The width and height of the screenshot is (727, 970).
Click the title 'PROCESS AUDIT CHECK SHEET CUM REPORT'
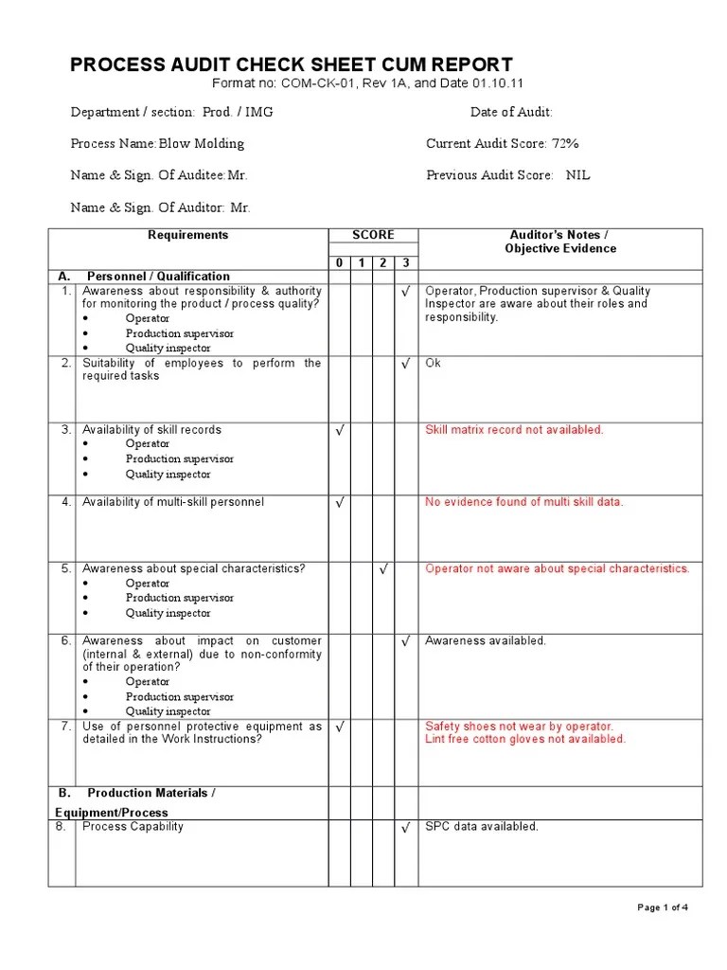292,64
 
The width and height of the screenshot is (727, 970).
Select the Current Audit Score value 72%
565,144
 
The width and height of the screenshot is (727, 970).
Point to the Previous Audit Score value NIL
577,175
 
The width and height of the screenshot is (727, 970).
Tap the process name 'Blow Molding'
201,144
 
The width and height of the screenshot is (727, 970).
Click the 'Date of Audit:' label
511,112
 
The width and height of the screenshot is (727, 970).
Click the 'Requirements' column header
187,236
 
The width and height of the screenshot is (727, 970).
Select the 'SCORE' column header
373,236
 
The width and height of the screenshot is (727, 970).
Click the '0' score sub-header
339,262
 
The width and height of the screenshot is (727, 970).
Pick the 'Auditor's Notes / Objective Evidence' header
560,242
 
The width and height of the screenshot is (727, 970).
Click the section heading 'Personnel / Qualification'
158,277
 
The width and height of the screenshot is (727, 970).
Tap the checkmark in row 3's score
339,431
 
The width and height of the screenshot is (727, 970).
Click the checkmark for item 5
382,569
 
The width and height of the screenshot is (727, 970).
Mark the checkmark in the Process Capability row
405,828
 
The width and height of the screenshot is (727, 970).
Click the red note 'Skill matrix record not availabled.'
514,430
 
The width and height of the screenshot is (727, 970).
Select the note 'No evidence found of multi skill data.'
524,502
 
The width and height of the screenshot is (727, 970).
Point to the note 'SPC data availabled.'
482,827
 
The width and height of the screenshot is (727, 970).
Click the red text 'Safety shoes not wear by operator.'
519,727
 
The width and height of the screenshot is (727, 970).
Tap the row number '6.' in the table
66,641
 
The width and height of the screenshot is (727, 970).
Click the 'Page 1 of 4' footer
663,907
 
